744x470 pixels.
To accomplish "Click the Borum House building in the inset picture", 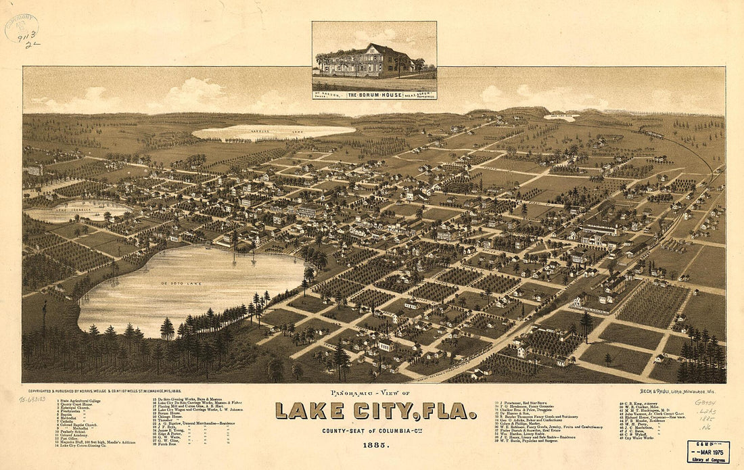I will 369,61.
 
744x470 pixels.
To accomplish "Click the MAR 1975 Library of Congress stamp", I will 708,452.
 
